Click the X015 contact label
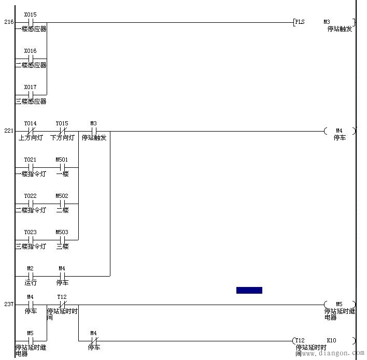point(30,15)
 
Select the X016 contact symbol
point(31,59)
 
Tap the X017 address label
point(30,87)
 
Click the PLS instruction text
point(300,22)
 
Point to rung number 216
point(9,22)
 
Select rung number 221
point(9,131)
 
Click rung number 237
point(9,304)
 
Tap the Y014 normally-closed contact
point(31,131)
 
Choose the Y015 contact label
point(62,123)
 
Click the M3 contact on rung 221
point(94,131)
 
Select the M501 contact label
point(62,160)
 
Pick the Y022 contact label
point(30,196)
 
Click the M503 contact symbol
point(62,240)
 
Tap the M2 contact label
point(30,268)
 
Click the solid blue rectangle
point(249,290)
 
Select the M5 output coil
point(340,304)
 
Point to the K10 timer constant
point(331,340)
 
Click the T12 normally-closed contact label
point(62,297)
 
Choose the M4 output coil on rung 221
point(340,131)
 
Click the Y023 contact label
point(30,232)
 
